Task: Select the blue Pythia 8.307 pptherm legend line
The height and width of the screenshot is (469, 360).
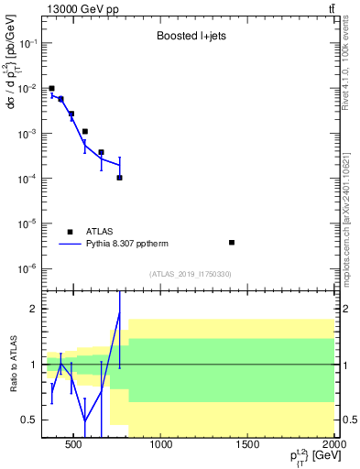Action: click(x=70, y=245)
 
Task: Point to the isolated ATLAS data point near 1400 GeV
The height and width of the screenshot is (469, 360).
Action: click(x=232, y=243)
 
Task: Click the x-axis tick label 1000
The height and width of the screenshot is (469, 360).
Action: click(x=161, y=445)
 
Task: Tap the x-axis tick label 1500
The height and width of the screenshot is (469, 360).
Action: click(x=248, y=445)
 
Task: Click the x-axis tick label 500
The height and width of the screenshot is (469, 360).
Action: click(x=75, y=445)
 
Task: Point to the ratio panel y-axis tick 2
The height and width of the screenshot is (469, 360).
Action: click(x=34, y=309)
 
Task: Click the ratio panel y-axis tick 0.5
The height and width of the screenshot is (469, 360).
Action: click(x=30, y=420)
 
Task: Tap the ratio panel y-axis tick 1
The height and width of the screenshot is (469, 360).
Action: click(x=34, y=365)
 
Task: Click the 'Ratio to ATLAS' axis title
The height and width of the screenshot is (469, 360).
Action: click(x=12, y=364)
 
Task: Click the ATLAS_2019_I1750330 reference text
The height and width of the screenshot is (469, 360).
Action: click(x=191, y=273)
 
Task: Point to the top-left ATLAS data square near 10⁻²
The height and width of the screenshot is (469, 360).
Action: click(x=51, y=89)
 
